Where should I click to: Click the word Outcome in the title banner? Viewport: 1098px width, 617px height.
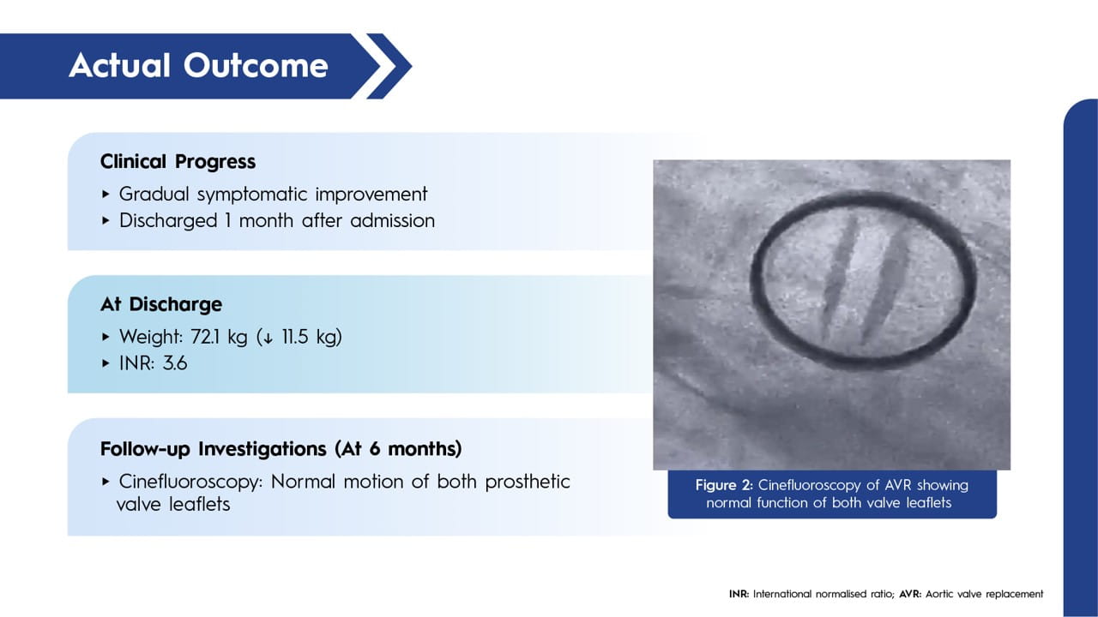(256, 66)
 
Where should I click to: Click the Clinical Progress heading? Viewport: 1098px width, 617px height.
(178, 162)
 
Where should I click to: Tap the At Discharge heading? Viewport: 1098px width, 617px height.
(161, 304)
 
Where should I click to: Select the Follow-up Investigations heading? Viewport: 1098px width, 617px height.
(281, 449)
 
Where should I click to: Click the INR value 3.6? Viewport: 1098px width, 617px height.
(175, 363)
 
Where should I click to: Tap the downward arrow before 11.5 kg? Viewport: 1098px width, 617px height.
(268, 338)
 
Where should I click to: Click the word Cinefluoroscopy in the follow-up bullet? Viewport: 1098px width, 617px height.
(190, 482)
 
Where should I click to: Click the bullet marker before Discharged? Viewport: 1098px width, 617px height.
(106, 221)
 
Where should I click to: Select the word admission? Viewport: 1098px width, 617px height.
(393, 221)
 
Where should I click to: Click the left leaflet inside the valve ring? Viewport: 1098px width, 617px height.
(840, 279)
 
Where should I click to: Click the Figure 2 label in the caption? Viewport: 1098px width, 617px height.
(723, 485)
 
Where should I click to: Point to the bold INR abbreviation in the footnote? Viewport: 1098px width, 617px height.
(739, 594)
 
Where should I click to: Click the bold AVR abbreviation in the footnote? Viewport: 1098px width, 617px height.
(910, 594)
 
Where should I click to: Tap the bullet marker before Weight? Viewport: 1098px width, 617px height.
(106, 337)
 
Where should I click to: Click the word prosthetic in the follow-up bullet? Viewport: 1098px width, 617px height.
(528, 482)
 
